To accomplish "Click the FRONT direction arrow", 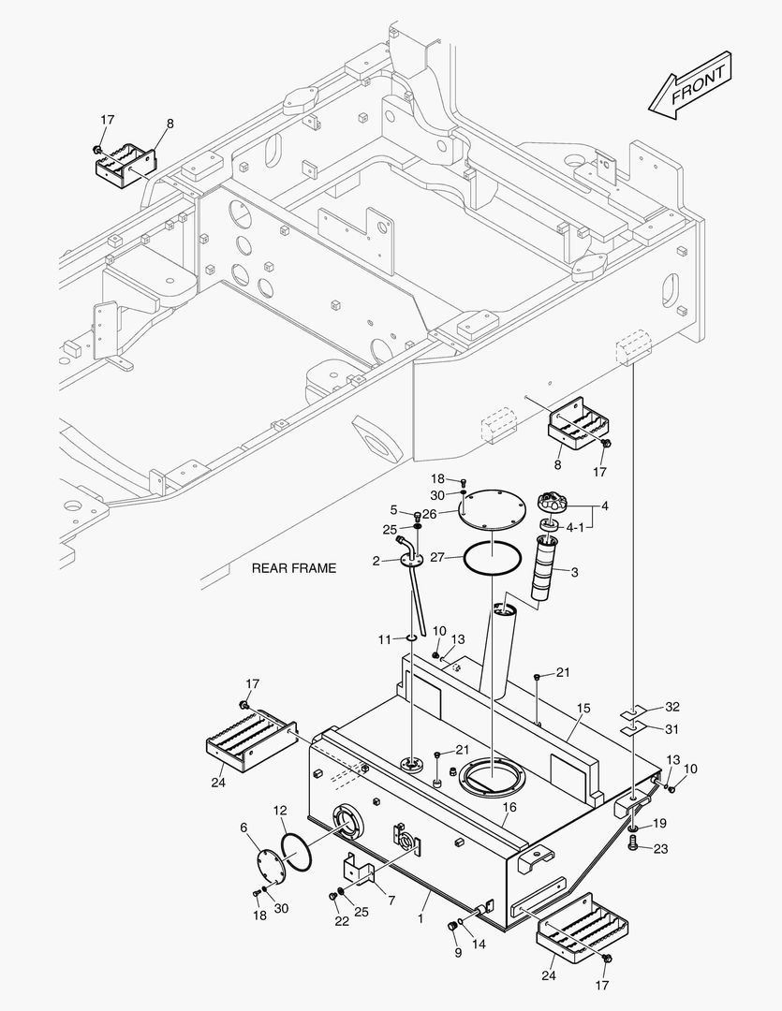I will [x=691, y=86].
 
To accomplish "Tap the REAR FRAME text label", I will [x=293, y=568].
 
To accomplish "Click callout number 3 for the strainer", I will [x=575, y=571].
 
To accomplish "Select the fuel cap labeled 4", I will [x=553, y=503].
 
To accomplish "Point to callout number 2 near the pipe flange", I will [x=375, y=561].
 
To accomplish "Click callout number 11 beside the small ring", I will [x=384, y=638].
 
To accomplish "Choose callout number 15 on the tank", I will [x=583, y=710].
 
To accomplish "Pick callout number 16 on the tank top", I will [x=509, y=807].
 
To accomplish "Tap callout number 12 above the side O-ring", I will [x=280, y=810].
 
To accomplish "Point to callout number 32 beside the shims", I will [x=672, y=707].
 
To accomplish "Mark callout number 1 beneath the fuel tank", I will [x=421, y=920].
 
